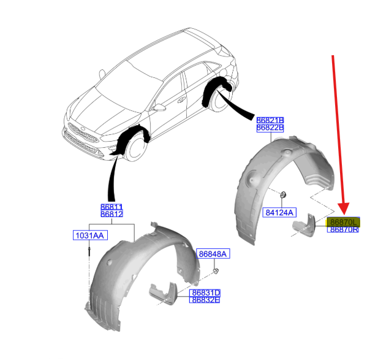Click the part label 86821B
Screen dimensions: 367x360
tap(270, 120)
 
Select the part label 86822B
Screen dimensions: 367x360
tap(270, 128)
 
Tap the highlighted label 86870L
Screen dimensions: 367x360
tap(343, 222)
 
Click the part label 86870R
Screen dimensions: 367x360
tap(343, 229)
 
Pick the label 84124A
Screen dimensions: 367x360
tap(279, 212)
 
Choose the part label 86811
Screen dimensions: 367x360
tap(112, 207)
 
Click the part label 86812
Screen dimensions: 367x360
tap(112, 214)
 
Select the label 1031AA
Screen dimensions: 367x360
tap(90, 235)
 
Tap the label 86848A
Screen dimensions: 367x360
tap(213, 254)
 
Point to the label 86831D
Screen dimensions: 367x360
tap(205, 293)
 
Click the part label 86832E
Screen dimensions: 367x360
tap(205, 299)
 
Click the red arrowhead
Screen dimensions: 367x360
tap(344, 209)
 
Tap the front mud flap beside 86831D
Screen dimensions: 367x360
tap(164, 294)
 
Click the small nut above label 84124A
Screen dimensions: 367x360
tap(283, 194)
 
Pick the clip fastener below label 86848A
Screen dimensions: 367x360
tap(216, 271)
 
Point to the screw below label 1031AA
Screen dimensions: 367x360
tap(89, 252)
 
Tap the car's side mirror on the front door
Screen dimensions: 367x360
tap(159, 107)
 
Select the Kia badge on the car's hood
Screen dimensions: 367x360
tap(83, 129)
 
